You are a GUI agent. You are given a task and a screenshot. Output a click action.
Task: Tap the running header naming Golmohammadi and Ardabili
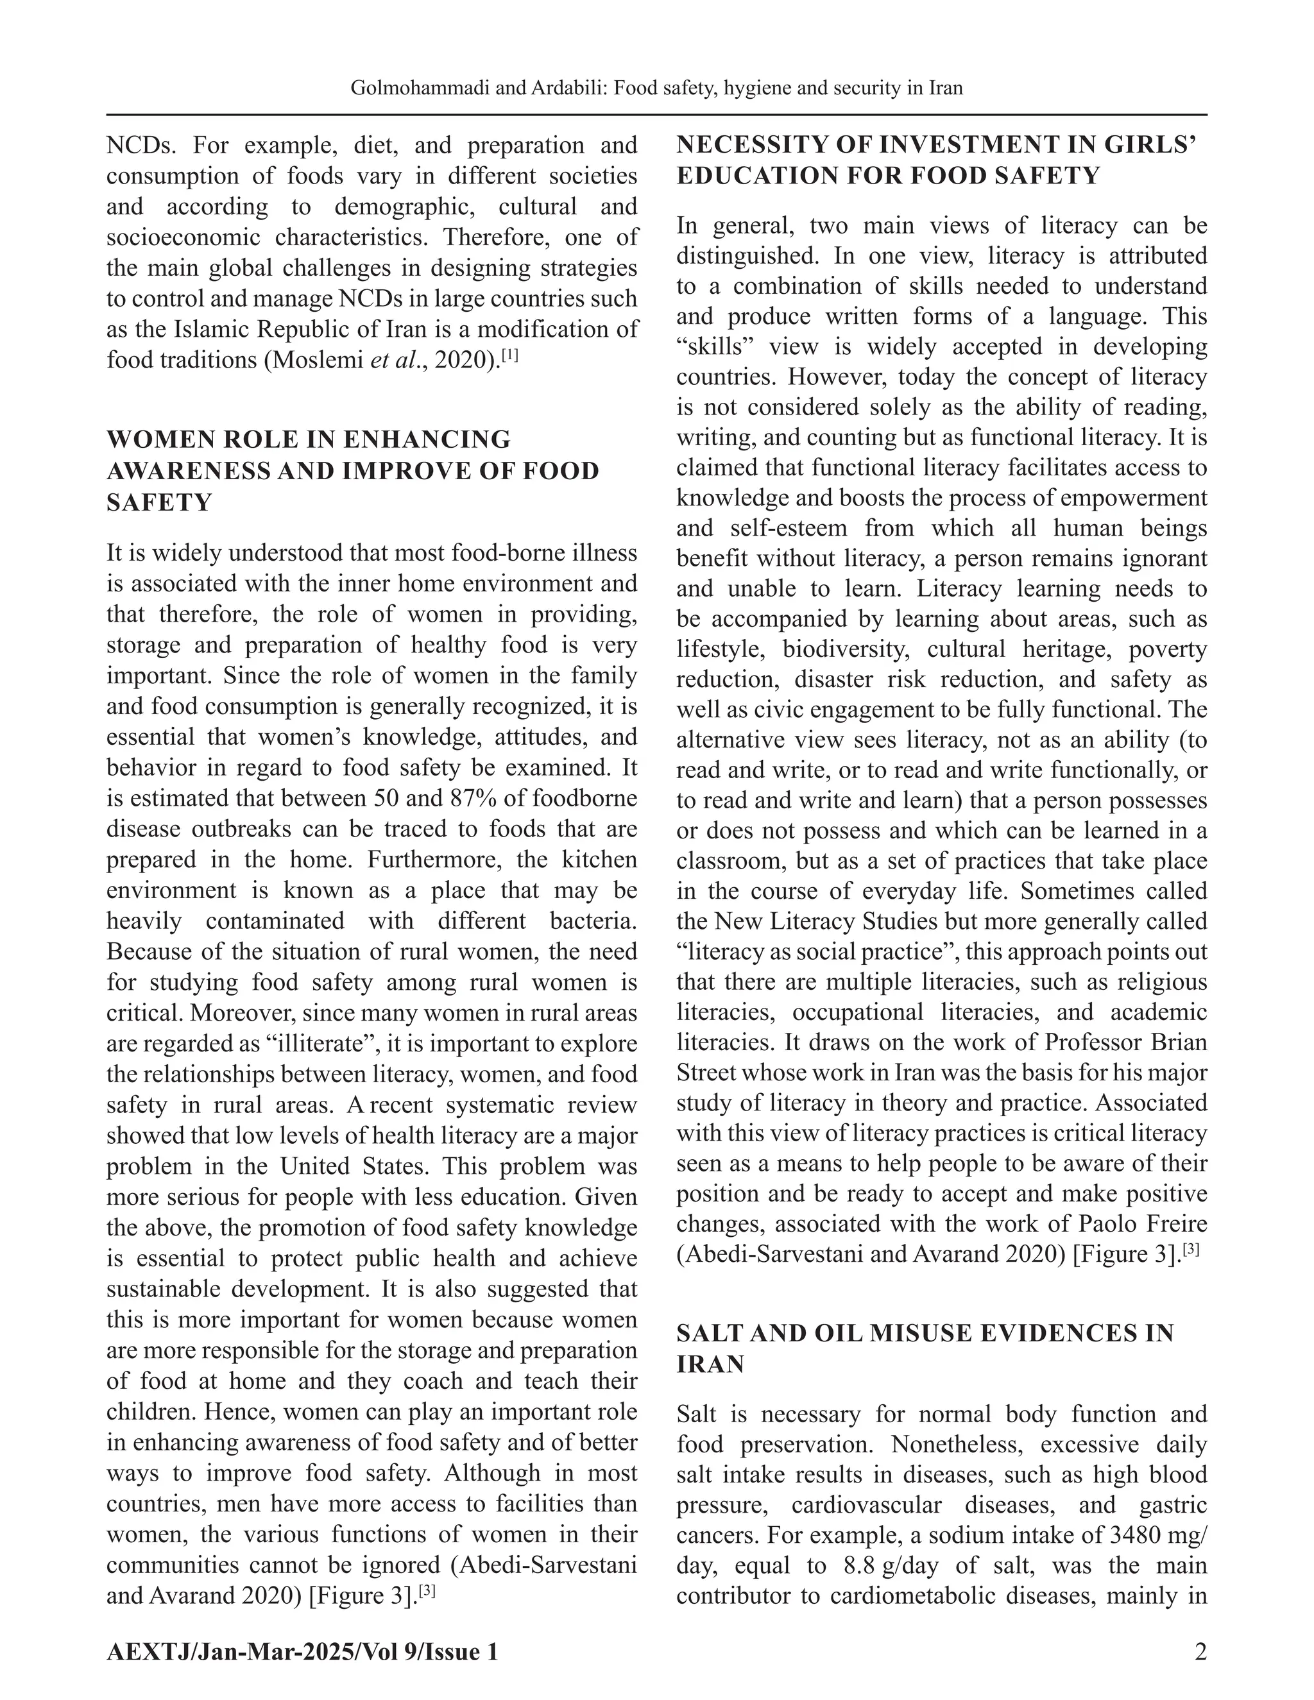coord(656,88)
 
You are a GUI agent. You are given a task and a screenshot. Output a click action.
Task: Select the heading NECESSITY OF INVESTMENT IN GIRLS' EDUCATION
coord(935,160)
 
